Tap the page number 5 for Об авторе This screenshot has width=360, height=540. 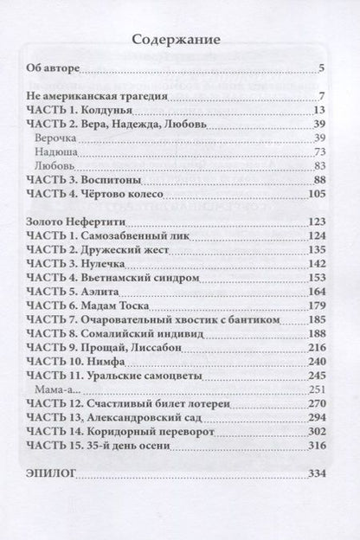(321, 69)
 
